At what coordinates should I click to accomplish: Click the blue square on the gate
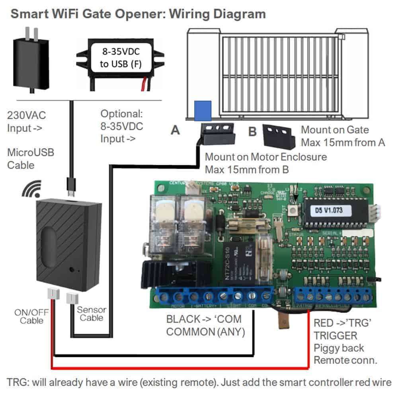tap(203, 110)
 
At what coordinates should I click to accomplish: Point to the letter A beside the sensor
tap(174, 131)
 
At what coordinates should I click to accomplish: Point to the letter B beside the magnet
tap(252, 131)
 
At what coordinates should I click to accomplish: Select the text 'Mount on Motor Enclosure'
tap(265, 157)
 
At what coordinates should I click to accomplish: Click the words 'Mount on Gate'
tap(334, 130)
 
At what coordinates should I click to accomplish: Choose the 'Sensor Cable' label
tap(91, 314)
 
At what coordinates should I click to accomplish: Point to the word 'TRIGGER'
tap(336, 336)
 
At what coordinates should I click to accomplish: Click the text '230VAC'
tap(27, 116)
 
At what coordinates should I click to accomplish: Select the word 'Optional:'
tap(121, 113)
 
